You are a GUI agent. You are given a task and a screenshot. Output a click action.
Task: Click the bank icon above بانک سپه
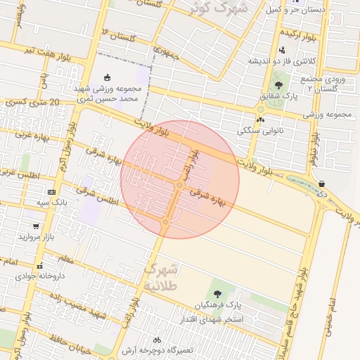point(51,192)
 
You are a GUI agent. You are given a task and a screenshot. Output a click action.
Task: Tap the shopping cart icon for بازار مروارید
point(36,226)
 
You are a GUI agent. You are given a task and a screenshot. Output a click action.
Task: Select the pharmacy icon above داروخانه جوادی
point(40,266)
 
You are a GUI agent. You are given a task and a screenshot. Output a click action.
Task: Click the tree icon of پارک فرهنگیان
point(216,294)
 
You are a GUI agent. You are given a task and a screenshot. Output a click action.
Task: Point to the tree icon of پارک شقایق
point(278,85)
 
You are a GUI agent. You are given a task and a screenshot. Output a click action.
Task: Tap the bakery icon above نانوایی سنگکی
point(260,120)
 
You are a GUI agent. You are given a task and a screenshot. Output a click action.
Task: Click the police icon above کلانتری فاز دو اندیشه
point(282,50)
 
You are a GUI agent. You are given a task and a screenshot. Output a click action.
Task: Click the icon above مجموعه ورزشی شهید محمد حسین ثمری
point(107,77)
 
